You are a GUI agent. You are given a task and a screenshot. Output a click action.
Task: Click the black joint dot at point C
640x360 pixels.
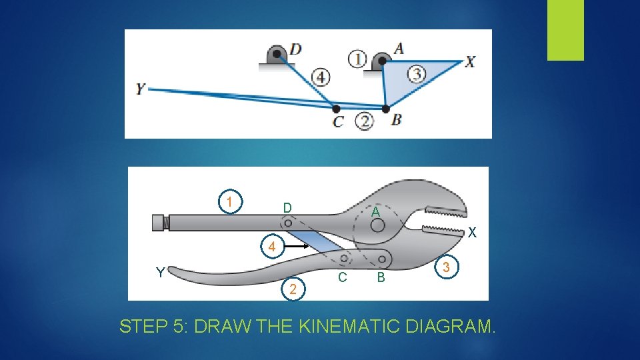[336, 109]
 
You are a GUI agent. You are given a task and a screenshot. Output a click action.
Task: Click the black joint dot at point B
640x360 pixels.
[385, 109]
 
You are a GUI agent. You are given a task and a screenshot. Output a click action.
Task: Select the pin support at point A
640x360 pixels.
[381, 61]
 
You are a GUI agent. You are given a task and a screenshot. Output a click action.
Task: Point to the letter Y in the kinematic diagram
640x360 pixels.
[141, 89]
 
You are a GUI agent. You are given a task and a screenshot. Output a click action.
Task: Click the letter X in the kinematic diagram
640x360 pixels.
[470, 62]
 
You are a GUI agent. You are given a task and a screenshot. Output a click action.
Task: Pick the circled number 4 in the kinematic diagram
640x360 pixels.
[321, 77]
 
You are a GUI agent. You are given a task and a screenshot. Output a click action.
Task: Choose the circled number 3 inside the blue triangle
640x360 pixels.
[417, 74]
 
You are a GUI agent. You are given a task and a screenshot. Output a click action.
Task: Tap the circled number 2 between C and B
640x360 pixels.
[364, 121]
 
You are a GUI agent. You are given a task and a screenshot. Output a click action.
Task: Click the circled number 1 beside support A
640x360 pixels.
[357, 59]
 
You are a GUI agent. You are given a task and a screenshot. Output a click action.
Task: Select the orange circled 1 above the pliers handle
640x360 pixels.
[230, 201]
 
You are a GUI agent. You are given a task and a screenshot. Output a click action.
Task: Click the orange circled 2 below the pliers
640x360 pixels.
[293, 289]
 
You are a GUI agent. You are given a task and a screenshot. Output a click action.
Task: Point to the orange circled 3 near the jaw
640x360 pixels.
[446, 267]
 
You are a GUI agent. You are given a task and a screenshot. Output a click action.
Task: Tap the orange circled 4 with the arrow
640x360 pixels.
[272, 246]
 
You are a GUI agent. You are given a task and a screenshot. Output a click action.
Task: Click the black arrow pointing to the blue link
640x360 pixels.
[297, 246]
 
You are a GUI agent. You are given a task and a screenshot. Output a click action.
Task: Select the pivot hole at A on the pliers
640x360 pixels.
[377, 225]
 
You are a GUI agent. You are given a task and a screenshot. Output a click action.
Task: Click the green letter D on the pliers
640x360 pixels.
[287, 208]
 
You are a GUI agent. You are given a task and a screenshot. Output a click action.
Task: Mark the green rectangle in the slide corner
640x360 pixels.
[565, 30]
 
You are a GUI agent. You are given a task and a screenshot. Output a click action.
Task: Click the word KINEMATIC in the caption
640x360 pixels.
[348, 326]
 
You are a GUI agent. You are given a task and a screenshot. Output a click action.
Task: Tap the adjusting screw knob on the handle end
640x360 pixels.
[161, 223]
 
